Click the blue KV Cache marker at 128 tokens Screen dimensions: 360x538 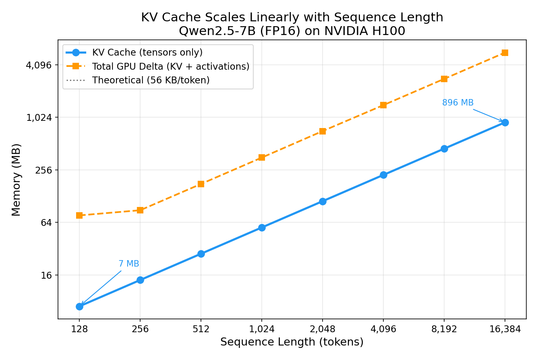[x=79, y=306]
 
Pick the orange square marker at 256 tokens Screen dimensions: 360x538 [x=140, y=210]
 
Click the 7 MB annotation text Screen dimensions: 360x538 [x=128, y=264]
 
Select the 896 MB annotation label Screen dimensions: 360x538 [x=457, y=103]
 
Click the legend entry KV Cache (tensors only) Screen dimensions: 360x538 [x=147, y=53]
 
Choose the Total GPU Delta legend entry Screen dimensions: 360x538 [x=170, y=66]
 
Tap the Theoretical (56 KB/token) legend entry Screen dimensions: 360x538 [x=151, y=80]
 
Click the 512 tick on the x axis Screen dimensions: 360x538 [x=201, y=329]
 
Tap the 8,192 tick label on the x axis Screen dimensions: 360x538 [x=444, y=329]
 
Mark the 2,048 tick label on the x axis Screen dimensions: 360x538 [x=322, y=329]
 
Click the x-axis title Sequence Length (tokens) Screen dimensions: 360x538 [x=292, y=342]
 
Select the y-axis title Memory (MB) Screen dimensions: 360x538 [x=16, y=180]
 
